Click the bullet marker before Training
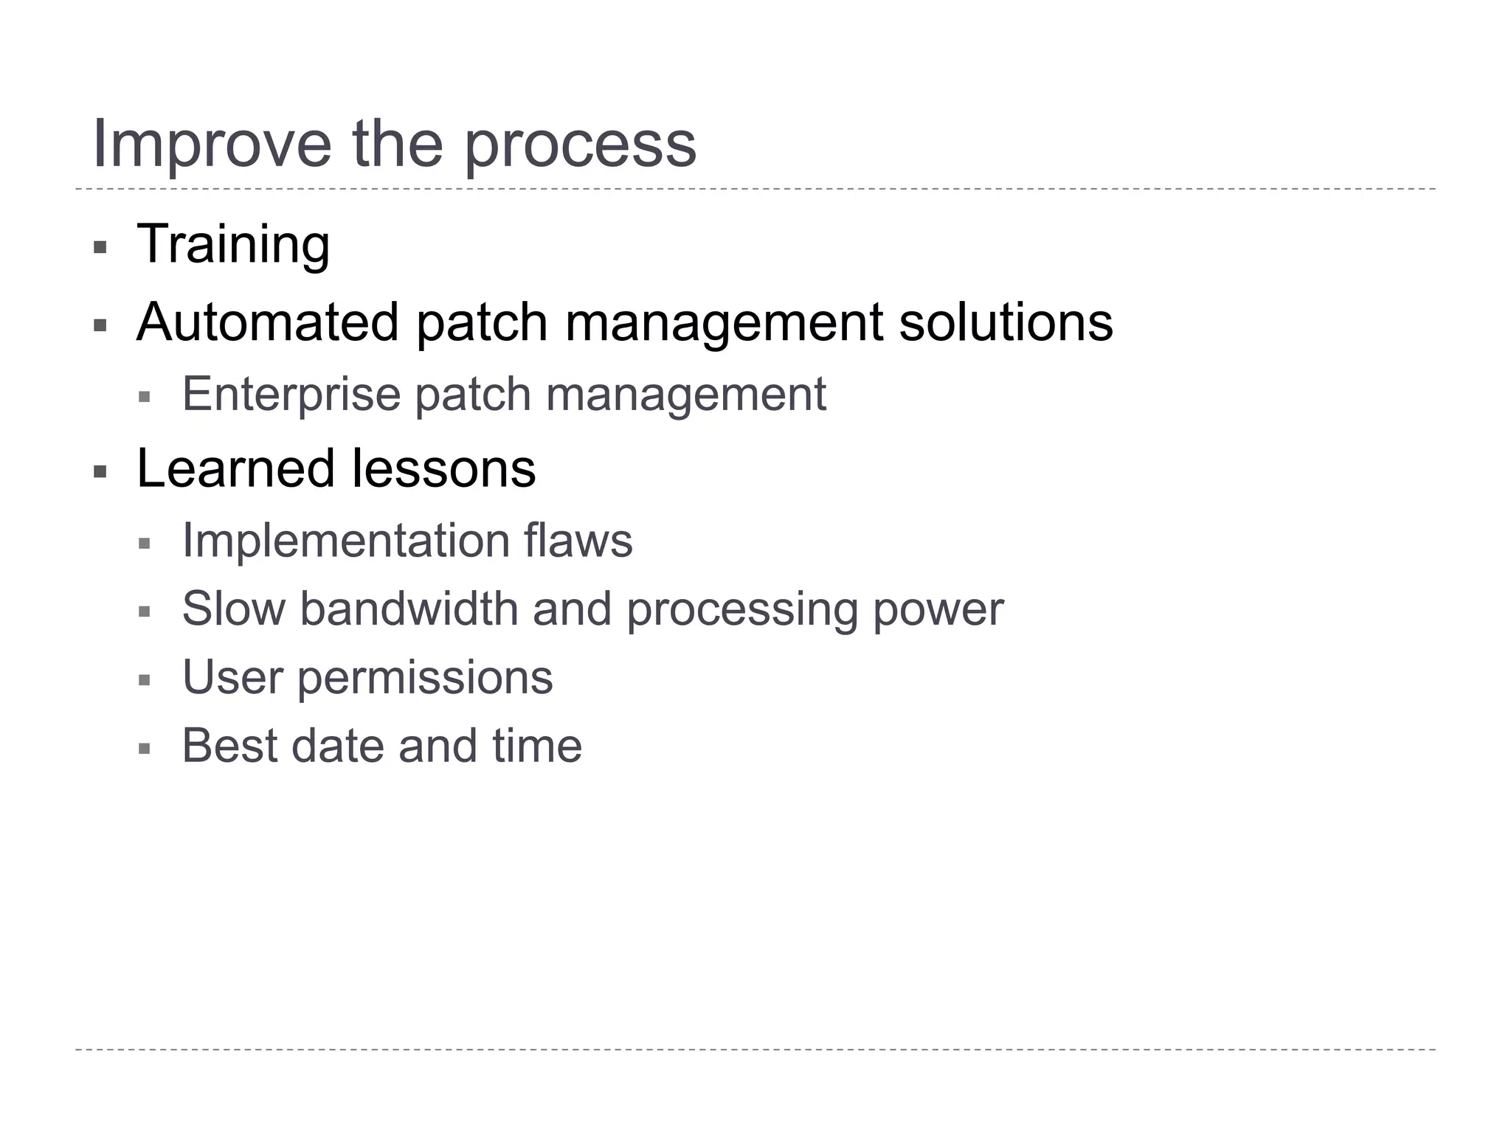pos(100,247)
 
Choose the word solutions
pos(1006,322)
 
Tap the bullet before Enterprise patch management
pos(145,398)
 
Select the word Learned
pos(235,468)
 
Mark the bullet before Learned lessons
pos(100,471)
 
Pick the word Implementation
pos(345,541)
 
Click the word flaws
pos(578,541)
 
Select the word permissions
pos(425,678)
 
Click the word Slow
pos(233,609)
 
